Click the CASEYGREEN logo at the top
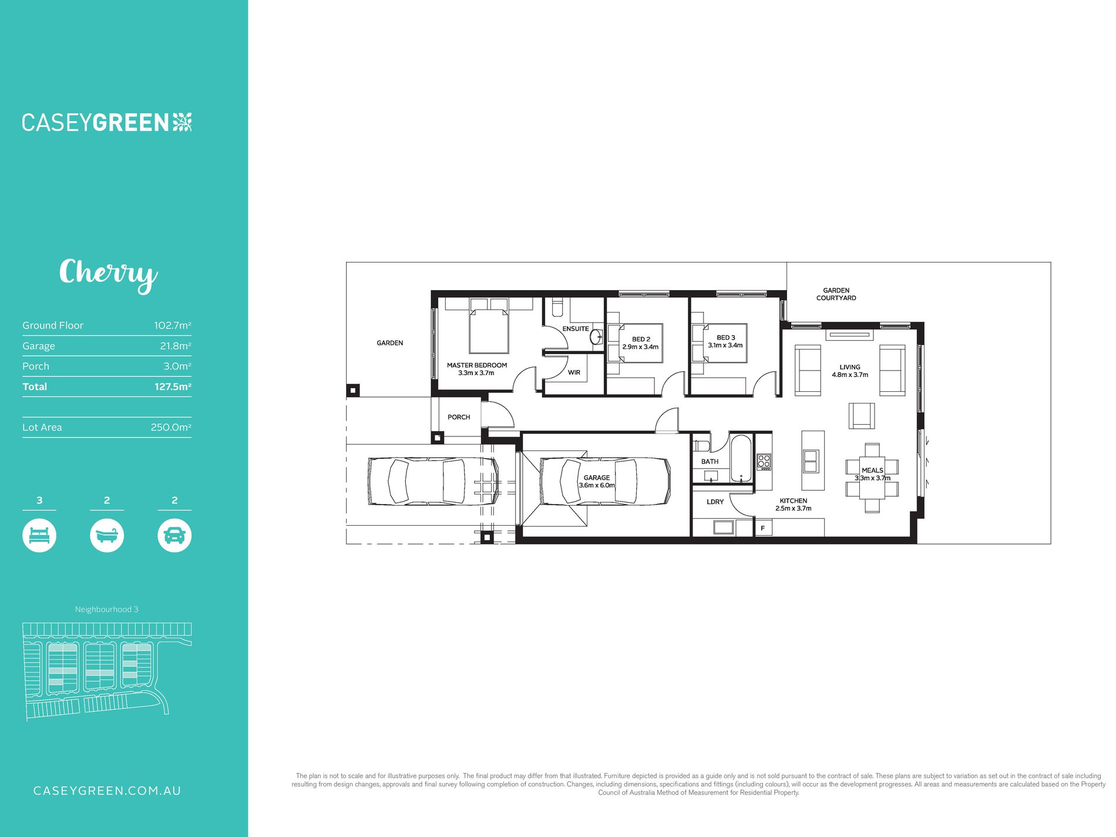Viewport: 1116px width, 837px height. pyautogui.click(x=107, y=122)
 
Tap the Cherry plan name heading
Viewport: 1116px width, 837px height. pyautogui.click(x=109, y=274)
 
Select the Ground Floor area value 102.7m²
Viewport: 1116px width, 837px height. pyautogui.click(x=173, y=325)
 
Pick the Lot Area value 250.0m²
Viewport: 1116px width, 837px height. pyautogui.click(x=171, y=428)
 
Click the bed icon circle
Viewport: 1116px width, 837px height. pyautogui.click(x=39, y=536)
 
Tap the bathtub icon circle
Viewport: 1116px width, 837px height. pyautogui.click(x=107, y=536)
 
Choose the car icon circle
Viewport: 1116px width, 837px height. pyautogui.click(x=174, y=536)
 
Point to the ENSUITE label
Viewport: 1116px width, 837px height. pyautogui.click(x=576, y=329)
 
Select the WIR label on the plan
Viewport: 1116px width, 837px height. pyautogui.click(x=574, y=372)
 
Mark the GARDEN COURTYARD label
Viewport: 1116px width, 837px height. pyautogui.click(x=836, y=294)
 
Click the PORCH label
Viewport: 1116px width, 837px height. pyautogui.click(x=459, y=417)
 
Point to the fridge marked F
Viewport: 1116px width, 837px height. pyautogui.click(x=763, y=528)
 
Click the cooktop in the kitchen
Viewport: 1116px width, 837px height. pyautogui.click(x=764, y=462)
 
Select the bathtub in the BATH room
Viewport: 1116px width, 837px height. pyautogui.click(x=741, y=459)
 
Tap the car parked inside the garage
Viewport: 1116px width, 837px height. pyautogui.click(x=605, y=482)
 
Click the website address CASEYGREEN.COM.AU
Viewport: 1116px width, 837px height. pyautogui.click(x=107, y=791)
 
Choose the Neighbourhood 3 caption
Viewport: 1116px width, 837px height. pyautogui.click(x=107, y=610)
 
